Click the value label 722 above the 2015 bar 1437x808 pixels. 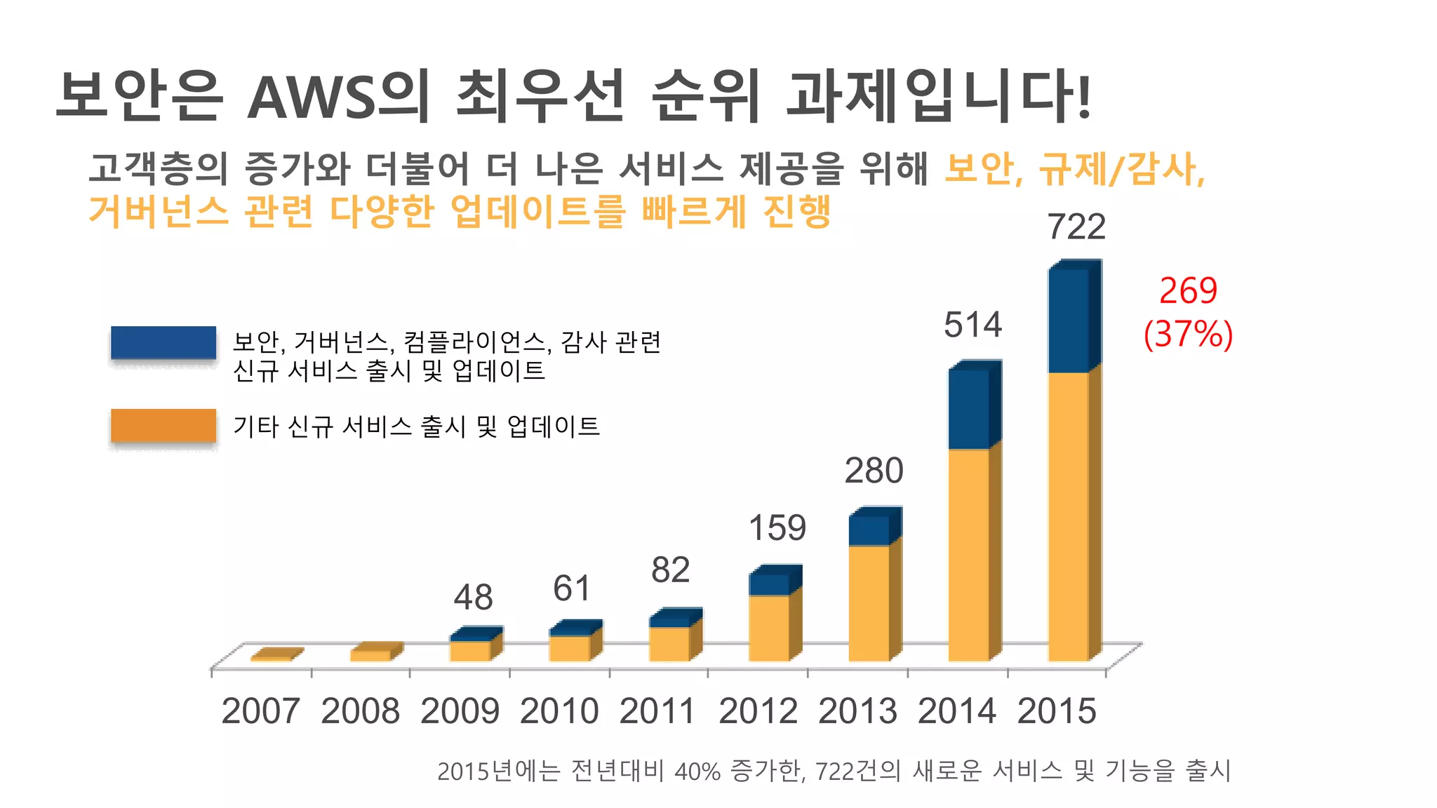click(x=1076, y=227)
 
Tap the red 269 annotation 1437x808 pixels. click(x=1188, y=290)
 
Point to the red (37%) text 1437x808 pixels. click(x=1188, y=334)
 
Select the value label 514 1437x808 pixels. click(x=973, y=325)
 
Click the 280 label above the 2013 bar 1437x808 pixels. click(x=874, y=471)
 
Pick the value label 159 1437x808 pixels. click(x=777, y=528)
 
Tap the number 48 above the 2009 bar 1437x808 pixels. click(x=473, y=598)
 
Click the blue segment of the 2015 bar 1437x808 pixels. click(x=1069, y=321)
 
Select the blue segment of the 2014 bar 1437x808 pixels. click(x=969, y=409)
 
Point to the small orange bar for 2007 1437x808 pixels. click(x=274, y=656)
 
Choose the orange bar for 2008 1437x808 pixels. click(x=372, y=654)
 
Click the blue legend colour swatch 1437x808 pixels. click(x=163, y=343)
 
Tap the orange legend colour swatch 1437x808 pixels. click(x=163, y=426)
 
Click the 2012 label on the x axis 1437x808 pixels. click(x=758, y=711)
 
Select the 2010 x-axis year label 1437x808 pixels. click(x=559, y=711)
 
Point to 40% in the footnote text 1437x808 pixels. click(x=697, y=772)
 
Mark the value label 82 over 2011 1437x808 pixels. click(x=670, y=570)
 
